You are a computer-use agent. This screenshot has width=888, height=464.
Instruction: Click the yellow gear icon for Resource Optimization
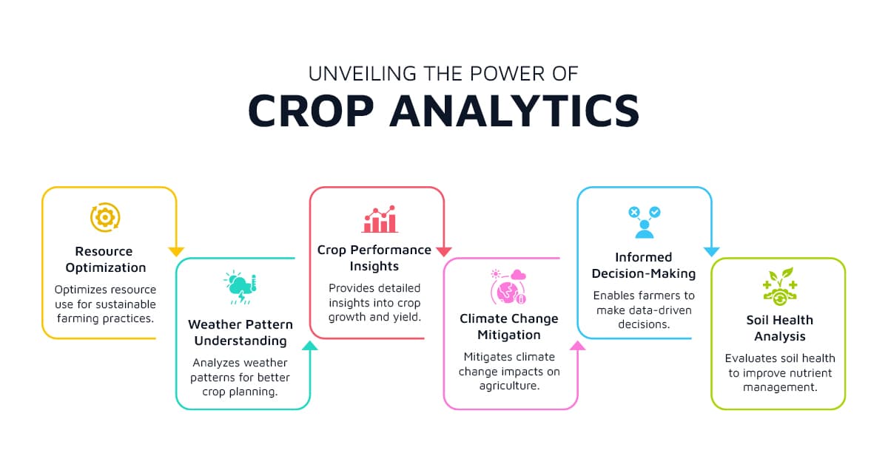tap(105, 217)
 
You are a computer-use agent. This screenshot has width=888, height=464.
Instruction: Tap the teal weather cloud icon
tap(240, 287)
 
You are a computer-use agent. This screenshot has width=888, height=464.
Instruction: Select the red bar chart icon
tap(380, 219)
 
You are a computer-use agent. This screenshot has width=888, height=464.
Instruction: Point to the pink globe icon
tap(508, 287)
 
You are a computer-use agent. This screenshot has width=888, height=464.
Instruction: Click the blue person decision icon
tap(645, 222)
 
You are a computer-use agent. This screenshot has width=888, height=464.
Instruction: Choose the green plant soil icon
tap(780, 286)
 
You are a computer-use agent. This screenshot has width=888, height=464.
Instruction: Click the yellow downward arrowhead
tap(176, 252)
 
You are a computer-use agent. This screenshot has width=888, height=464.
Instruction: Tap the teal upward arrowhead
tap(309, 346)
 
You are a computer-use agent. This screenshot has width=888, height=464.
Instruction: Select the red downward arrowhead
tap(443, 252)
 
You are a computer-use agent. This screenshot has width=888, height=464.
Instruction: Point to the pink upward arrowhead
tap(578, 346)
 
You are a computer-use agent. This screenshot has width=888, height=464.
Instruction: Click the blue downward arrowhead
tap(712, 252)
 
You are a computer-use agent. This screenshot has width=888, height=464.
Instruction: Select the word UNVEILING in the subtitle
tap(363, 74)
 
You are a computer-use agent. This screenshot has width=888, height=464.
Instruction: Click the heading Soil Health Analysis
tap(780, 328)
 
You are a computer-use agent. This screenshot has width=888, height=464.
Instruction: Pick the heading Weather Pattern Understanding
tap(240, 332)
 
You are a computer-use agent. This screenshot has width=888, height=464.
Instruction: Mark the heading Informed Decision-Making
tap(644, 265)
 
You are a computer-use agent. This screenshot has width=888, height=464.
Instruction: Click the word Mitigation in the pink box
tap(509, 335)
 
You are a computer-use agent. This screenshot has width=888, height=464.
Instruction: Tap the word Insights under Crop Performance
tap(374, 266)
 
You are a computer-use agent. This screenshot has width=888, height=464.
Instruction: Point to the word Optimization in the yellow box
tap(106, 268)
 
